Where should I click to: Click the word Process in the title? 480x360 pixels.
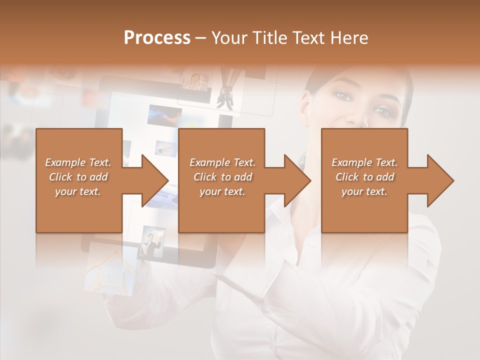pyautogui.click(x=157, y=38)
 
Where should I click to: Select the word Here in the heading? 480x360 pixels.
pyautogui.click(x=349, y=38)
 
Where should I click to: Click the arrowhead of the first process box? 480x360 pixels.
pyautogui.click(x=155, y=180)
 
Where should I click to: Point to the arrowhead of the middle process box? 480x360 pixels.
pyautogui.click(x=297, y=180)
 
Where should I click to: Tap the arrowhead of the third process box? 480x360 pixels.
pyautogui.click(x=440, y=180)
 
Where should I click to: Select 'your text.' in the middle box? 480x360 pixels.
pyautogui.click(x=222, y=191)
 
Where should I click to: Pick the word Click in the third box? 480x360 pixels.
pyautogui.click(x=346, y=177)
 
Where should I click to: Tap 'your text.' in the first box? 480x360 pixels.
pyautogui.click(x=77, y=191)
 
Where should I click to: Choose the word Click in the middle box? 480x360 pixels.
pyautogui.click(x=204, y=177)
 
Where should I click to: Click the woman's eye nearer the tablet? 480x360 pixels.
pyautogui.click(x=343, y=95)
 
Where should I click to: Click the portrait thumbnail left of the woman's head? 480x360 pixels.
pyautogui.click(x=194, y=81)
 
